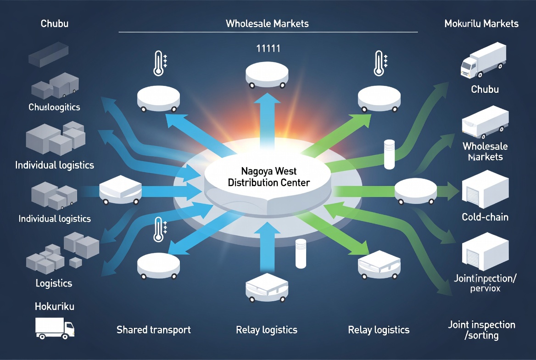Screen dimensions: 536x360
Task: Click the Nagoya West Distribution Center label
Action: click(268, 177)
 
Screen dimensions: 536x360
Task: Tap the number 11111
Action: click(268, 49)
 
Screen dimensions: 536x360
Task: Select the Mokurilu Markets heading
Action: click(481, 23)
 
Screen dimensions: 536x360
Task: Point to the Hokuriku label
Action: click(54, 306)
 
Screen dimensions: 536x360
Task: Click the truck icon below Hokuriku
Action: click(55, 328)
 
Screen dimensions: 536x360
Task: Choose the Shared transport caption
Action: click(153, 330)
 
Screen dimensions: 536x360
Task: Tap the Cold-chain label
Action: click(485, 217)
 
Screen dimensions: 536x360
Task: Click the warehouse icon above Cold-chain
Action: click(485, 189)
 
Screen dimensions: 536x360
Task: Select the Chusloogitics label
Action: click(54, 107)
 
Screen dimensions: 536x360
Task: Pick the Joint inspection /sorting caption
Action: click(482, 330)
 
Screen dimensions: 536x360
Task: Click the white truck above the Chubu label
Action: click(483, 60)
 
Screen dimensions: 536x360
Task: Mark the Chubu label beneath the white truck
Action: click(485, 90)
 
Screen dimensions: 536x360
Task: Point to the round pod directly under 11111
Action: click(267, 75)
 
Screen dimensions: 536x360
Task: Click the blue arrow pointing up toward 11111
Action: click(267, 120)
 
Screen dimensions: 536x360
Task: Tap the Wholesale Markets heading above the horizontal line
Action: click(267, 23)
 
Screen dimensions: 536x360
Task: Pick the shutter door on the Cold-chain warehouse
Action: click(473, 196)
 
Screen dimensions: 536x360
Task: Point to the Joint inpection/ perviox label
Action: click(485, 283)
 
